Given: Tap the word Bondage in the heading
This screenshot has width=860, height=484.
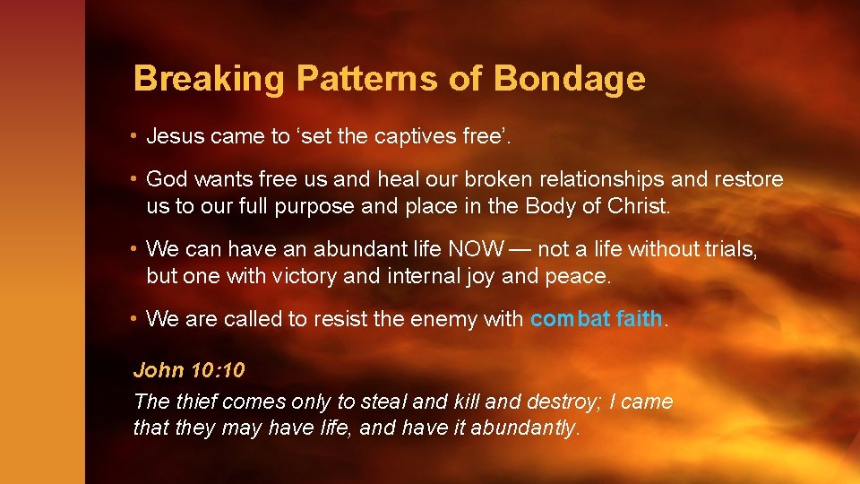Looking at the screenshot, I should point(568,80).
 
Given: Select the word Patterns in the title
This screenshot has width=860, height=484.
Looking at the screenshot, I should point(368,80).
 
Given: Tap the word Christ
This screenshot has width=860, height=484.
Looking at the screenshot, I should point(637,205).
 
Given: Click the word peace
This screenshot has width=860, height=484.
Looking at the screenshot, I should point(577,276).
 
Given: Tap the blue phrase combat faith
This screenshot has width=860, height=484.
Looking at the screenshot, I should point(596,318).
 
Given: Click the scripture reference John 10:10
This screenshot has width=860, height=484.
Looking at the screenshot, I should point(189,369).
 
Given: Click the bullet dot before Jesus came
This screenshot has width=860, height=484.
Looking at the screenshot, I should point(133,136).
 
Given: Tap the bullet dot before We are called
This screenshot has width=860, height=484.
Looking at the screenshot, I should point(133,318).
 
